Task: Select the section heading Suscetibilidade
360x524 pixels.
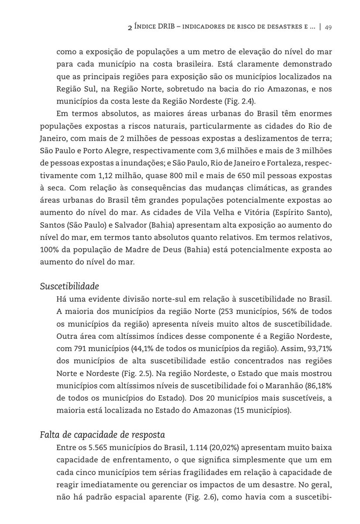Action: point(69,286)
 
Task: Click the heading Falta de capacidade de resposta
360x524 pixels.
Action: point(102,435)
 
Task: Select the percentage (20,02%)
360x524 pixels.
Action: point(223,448)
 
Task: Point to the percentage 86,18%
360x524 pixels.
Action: point(318,386)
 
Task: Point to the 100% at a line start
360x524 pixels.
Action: point(48,250)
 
